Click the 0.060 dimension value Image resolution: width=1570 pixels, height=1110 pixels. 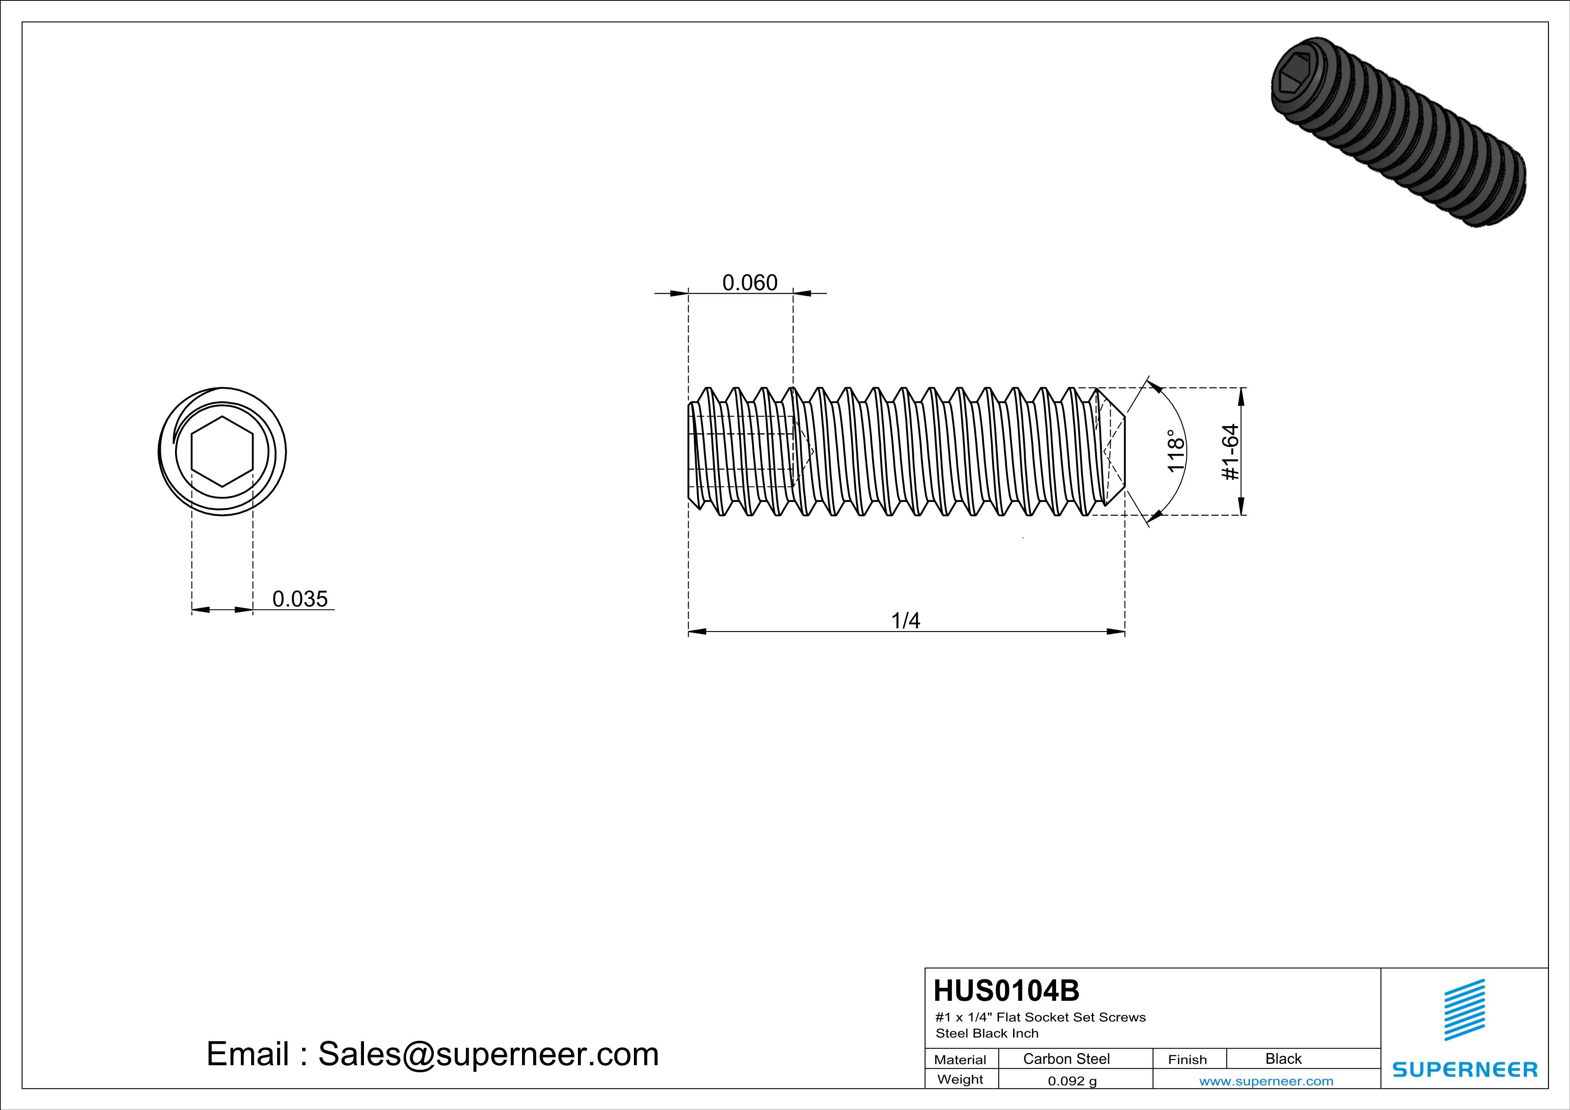[x=749, y=282]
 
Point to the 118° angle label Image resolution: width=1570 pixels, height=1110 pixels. [x=1175, y=451]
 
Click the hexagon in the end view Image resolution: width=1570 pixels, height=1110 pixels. [x=222, y=451]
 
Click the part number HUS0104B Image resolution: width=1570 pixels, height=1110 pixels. [x=1006, y=990]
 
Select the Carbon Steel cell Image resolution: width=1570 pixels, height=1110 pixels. [x=1066, y=1059]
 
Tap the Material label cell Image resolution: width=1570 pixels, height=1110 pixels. [x=960, y=1059]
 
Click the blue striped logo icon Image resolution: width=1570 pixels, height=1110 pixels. [x=1464, y=1010]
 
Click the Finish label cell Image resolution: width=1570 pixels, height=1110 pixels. [x=1187, y=1059]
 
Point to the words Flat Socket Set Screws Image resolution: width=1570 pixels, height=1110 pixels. [x=1071, y=1017]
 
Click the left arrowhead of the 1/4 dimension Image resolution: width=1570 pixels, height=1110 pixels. [x=697, y=632]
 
